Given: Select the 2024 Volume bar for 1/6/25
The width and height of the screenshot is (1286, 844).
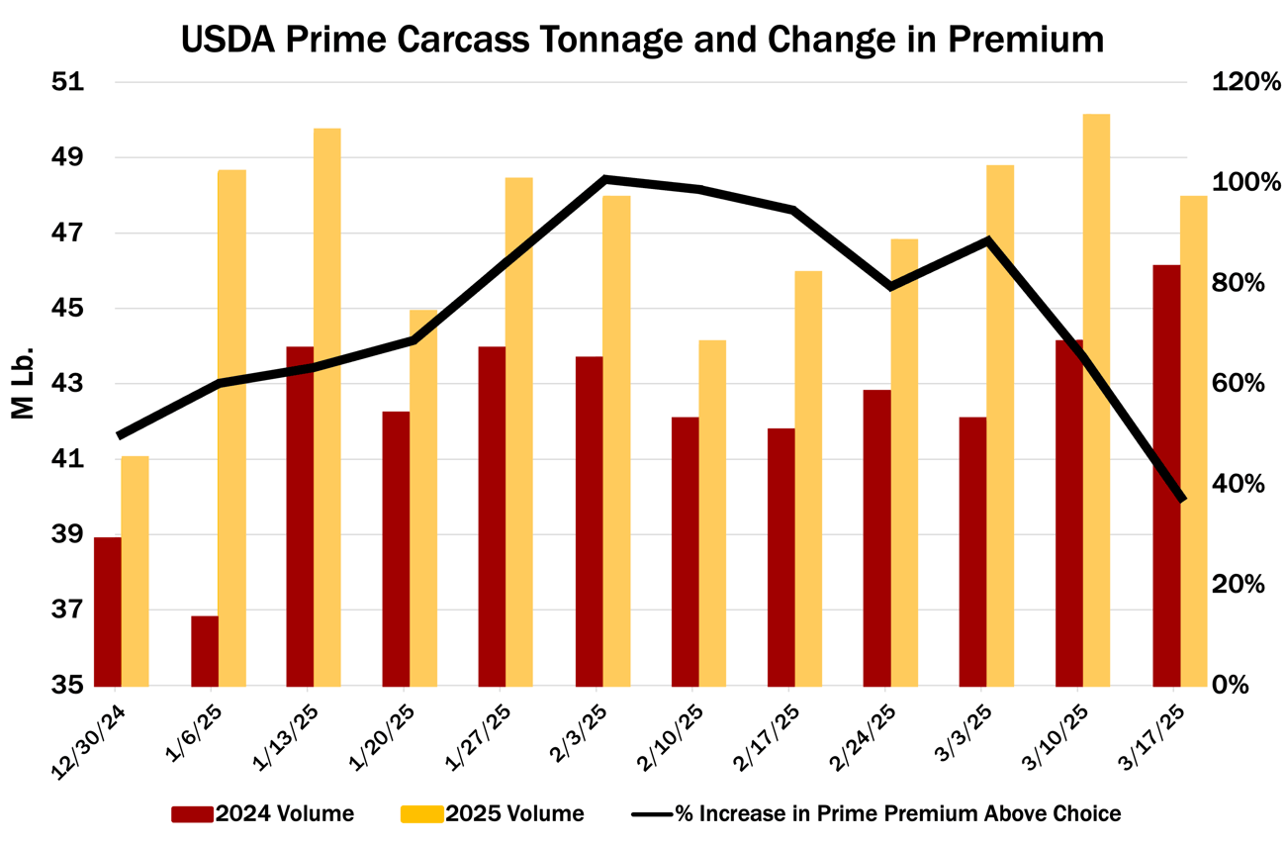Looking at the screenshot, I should coord(205,651).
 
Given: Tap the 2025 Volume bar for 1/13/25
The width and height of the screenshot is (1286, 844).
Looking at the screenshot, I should coord(327,407).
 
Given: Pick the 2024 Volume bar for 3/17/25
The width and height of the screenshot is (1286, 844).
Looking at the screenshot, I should coord(1166,475).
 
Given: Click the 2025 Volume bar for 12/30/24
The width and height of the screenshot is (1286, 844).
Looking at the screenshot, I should coord(135,571).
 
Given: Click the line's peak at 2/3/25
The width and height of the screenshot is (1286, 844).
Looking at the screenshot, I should coord(604,179).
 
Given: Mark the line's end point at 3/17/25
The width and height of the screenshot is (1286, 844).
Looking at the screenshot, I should coord(1181,499).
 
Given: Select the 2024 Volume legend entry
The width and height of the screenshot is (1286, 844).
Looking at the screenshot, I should coord(263,814).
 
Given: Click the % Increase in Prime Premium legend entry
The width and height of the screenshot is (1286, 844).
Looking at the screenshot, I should coord(876,814).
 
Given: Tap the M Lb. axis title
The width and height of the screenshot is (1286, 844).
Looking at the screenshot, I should coord(24,383).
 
